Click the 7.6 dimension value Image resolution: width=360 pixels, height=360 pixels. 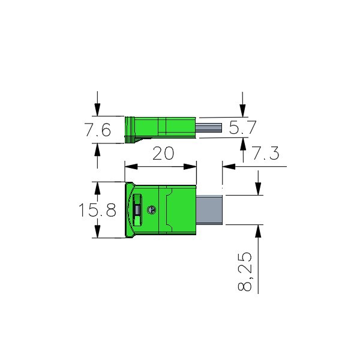(97, 131)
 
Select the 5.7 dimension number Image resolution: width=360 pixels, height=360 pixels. (242, 127)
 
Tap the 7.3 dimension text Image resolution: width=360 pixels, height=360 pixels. (265, 154)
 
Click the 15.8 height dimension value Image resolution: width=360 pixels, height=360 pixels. (97, 210)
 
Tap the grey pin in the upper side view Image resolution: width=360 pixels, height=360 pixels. (209, 127)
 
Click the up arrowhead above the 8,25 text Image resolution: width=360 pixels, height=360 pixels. (258, 230)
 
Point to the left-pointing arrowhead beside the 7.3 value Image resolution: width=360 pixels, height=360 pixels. (227, 166)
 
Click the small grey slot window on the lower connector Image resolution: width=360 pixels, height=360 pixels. (137, 209)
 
